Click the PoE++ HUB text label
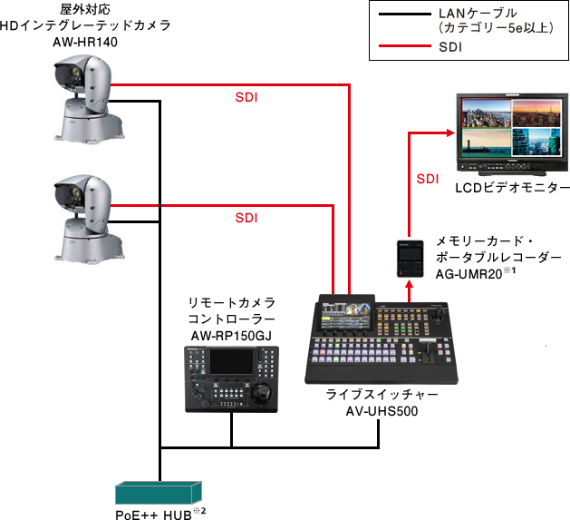click(x=156, y=512)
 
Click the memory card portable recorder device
click(x=409, y=258)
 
